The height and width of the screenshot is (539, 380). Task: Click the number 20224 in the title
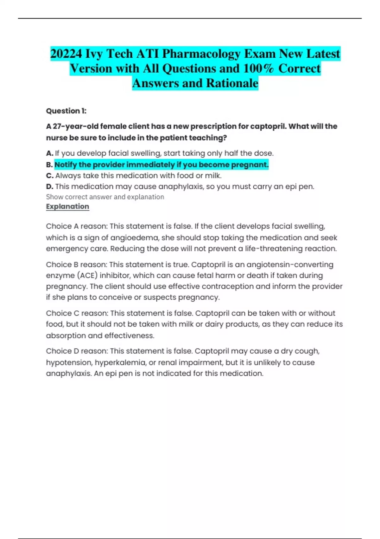click(x=66, y=54)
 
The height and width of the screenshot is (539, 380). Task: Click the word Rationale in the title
click(x=232, y=83)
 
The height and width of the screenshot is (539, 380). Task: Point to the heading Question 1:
click(x=66, y=111)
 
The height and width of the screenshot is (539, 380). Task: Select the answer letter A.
click(x=49, y=153)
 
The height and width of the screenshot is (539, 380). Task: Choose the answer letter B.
click(x=49, y=165)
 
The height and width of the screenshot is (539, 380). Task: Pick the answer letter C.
click(x=49, y=176)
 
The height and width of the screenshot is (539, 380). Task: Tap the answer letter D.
click(x=49, y=187)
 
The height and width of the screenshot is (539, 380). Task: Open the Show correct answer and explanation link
click(x=105, y=197)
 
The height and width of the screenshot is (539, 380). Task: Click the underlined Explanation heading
click(x=67, y=206)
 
